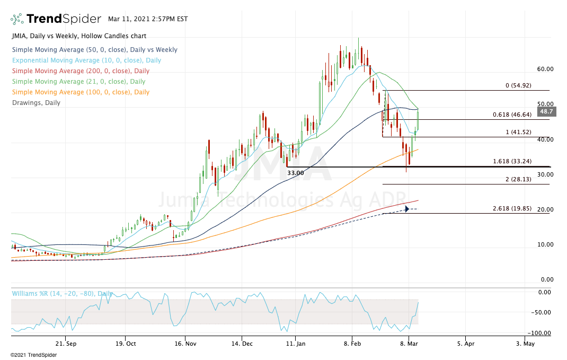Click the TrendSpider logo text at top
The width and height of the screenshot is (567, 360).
point(63,19)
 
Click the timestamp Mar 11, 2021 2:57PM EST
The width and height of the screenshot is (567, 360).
point(147,19)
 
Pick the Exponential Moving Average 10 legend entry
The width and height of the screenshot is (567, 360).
point(86,60)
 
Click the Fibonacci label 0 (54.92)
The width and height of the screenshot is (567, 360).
point(524,85)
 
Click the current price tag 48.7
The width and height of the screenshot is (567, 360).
point(546,112)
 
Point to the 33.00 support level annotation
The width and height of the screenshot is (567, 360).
point(296,173)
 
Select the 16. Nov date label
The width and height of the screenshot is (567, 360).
point(185,344)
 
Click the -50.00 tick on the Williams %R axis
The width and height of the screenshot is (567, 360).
point(541,312)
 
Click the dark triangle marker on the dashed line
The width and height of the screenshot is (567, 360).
point(406,209)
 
